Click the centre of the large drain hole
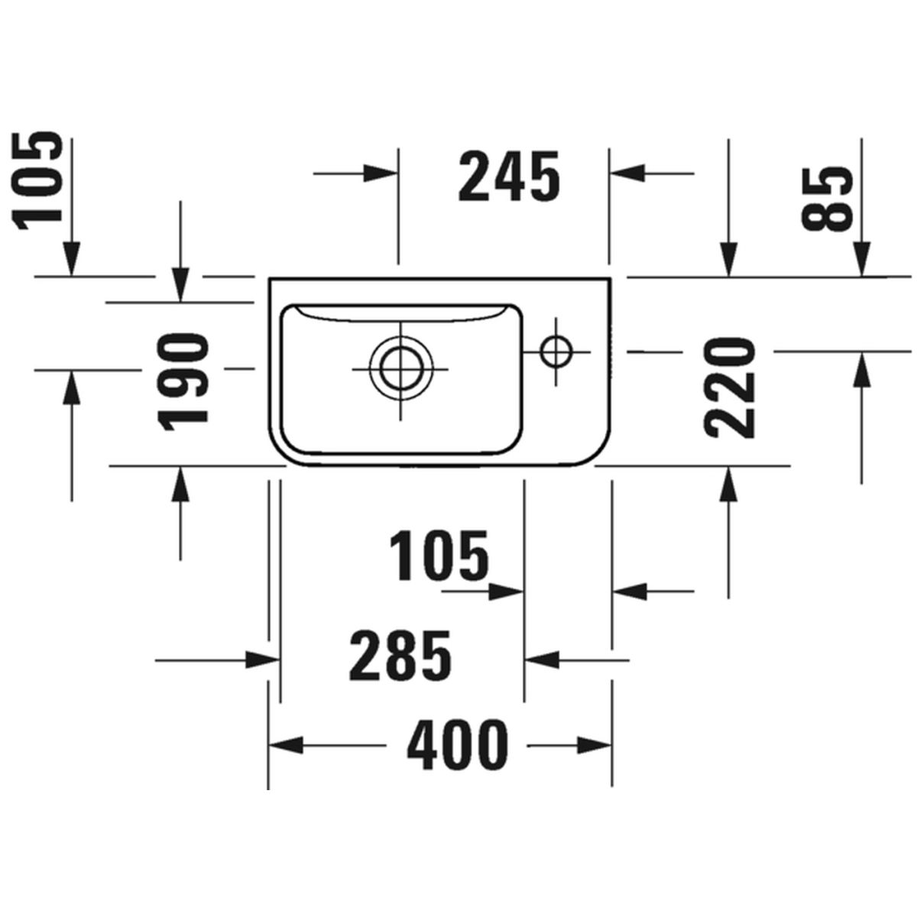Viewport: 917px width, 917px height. pos(400,369)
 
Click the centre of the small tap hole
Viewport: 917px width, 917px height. pos(556,352)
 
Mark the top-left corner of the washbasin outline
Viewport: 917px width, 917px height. pos(269,277)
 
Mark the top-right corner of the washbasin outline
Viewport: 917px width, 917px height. pos(611,277)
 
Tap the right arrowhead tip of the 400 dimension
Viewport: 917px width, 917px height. pos(611,745)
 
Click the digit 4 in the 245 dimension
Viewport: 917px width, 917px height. pos(509,176)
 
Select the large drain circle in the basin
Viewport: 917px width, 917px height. pos(400,369)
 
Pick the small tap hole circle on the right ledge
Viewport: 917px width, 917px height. pos(556,352)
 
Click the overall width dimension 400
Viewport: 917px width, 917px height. pos(457,745)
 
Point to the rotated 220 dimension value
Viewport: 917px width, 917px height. pos(731,388)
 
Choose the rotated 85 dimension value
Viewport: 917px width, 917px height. pos(828,199)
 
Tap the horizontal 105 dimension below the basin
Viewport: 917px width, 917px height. pos(439,556)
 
